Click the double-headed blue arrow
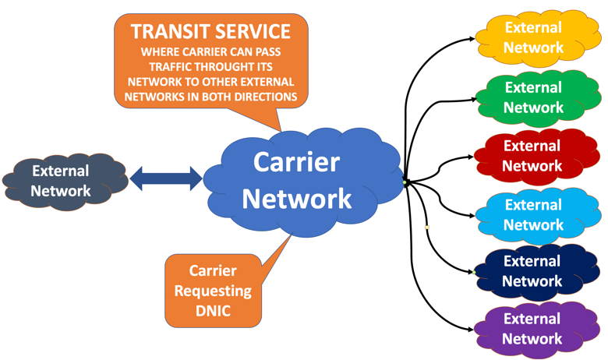pyautogui.click(x=165, y=178)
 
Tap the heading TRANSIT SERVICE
pyautogui.click(x=210, y=32)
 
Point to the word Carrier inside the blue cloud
pyautogui.click(x=296, y=162)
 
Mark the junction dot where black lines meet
pyautogui.click(x=405, y=182)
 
